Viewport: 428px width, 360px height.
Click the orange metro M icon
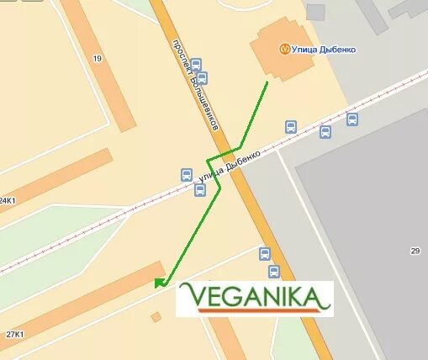point(286,49)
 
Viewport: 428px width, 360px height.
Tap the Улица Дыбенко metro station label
point(324,50)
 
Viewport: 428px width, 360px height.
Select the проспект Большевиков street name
point(194,84)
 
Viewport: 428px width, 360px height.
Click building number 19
point(98,58)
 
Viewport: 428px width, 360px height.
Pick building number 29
point(415,251)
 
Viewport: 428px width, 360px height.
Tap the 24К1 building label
point(8,201)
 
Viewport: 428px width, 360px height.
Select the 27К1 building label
point(13,334)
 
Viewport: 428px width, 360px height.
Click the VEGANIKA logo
point(254,299)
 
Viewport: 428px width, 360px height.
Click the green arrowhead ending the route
point(160,283)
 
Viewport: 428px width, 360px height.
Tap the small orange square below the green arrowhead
point(156,317)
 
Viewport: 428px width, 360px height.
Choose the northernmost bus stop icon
point(196,64)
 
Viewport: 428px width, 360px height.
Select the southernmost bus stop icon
point(273,272)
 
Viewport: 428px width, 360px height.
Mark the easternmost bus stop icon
point(352,119)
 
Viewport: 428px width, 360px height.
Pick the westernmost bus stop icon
point(186,175)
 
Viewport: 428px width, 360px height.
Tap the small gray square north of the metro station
point(315,12)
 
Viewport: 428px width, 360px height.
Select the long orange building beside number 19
point(97,63)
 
